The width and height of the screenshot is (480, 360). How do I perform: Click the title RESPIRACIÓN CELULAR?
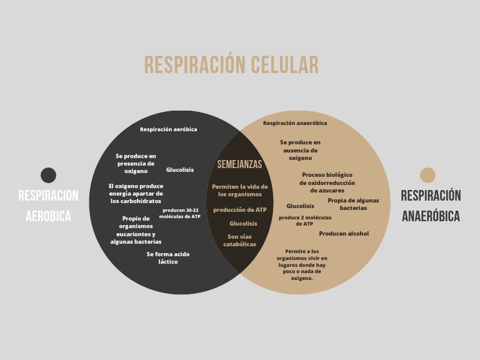point(231,65)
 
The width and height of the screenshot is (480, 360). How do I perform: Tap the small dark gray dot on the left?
point(48,175)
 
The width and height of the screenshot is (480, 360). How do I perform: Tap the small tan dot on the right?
point(427,175)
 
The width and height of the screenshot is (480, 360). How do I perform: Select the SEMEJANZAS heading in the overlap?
point(239,165)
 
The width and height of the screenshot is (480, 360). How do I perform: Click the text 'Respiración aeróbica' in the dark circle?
point(168,129)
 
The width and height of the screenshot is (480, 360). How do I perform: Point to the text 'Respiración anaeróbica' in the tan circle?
point(295,123)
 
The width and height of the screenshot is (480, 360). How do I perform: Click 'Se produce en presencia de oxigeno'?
point(136,163)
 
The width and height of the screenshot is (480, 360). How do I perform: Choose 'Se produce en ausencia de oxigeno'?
point(300,150)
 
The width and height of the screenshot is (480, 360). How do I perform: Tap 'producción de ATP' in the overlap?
point(239,210)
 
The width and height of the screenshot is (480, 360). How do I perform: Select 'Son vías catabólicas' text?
point(239,241)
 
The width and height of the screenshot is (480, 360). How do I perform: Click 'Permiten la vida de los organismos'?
point(239,191)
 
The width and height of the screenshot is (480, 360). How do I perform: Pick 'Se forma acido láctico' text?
point(168,258)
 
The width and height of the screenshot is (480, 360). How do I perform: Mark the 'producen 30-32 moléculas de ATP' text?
point(180,213)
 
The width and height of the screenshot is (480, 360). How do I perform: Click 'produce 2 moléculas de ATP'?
point(305,221)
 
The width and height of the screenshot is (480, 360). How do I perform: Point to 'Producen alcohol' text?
point(344,234)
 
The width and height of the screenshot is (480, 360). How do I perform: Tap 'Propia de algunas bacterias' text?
point(353,204)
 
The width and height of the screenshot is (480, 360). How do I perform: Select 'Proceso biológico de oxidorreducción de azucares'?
point(327,182)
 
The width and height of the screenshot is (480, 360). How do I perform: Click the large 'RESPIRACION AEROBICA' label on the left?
point(48,206)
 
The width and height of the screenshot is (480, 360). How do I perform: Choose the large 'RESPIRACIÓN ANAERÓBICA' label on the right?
point(431,206)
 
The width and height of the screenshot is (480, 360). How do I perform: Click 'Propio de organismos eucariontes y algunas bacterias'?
point(136,230)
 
